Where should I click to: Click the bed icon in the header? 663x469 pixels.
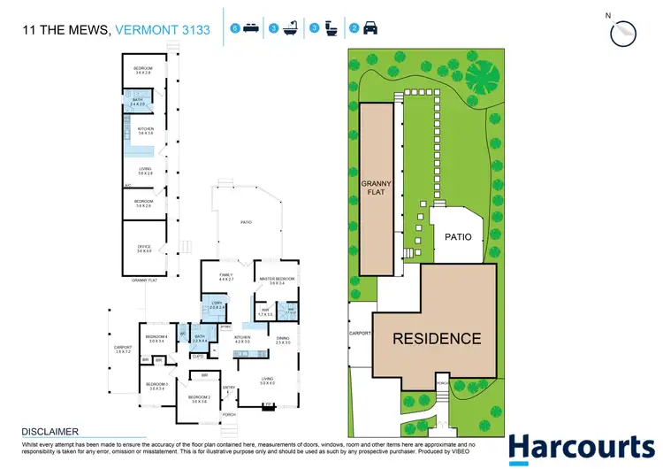[x=250, y=28]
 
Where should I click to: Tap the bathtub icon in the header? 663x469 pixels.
[x=289, y=28]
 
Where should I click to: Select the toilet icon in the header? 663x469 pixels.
[x=330, y=28]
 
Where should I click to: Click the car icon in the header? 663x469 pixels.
[x=370, y=28]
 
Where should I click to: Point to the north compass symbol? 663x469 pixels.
[x=622, y=31]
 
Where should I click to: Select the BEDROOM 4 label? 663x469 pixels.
[x=156, y=337]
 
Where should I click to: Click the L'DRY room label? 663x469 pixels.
[x=217, y=305]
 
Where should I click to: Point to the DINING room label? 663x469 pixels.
[x=283, y=339]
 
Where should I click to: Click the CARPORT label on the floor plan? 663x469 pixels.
[x=123, y=347]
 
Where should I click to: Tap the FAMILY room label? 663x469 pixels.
[x=225, y=276]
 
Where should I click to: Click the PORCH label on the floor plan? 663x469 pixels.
[x=229, y=414]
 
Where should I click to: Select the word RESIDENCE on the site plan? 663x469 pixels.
[x=437, y=338]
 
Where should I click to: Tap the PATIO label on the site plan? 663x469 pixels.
[x=458, y=237]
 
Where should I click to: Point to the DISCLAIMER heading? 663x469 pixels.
[x=50, y=432]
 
